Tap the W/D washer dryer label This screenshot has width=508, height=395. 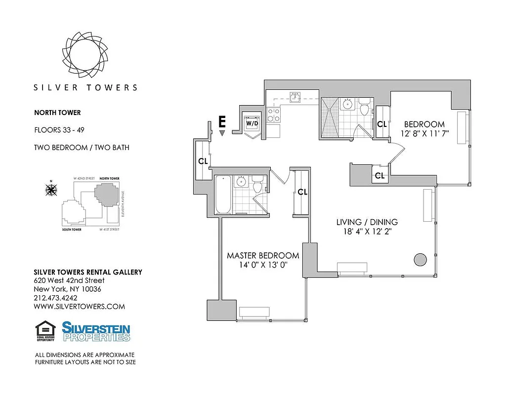click(252, 122)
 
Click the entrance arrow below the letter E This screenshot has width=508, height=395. click(222, 133)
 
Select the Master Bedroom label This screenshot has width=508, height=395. click(263, 256)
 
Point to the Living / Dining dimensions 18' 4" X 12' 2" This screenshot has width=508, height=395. click(367, 231)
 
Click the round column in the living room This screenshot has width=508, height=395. click(421, 259)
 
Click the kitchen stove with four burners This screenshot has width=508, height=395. click(273, 115)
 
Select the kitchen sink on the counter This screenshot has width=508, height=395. click(296, 97)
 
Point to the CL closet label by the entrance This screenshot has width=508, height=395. click(203, 161)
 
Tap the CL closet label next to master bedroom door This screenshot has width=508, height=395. click(302, 192)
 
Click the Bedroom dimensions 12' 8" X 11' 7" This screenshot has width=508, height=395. click(424, 134)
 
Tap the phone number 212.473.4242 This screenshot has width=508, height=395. click(56, 298)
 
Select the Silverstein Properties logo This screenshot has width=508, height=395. click(96, 331)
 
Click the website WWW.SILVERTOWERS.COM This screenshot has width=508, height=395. click(79, 307)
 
